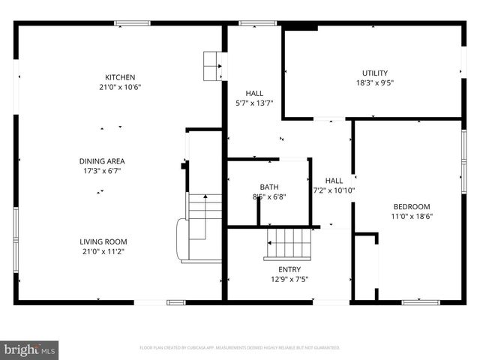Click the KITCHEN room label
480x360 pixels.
tap(120, 77)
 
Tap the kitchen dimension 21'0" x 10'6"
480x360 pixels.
tap(120, 87)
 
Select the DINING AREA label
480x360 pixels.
tap(102, 160)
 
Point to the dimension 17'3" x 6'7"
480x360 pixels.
tap(102, 170)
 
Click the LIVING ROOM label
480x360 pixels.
tap(103, 241)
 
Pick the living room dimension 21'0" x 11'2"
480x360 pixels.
tap(103, 252)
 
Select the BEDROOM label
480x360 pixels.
tap(412, 206)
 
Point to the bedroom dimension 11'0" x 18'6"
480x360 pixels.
tap(412, 216)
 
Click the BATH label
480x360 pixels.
tap(269, 187)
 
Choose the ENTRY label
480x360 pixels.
tap(289, 269)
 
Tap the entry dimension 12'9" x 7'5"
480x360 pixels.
tap(289, 279)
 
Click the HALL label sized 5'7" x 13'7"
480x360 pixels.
tap(244, 93)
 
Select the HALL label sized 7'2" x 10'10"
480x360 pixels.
tap(334, 180)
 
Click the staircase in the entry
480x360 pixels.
tap(285, 243)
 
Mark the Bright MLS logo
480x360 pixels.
tap(30, 349)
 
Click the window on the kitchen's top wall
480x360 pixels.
tap(133, 23)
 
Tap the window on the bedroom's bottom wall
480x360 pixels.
tap(421, 302)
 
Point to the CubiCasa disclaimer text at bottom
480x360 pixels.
tap(240, 348)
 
